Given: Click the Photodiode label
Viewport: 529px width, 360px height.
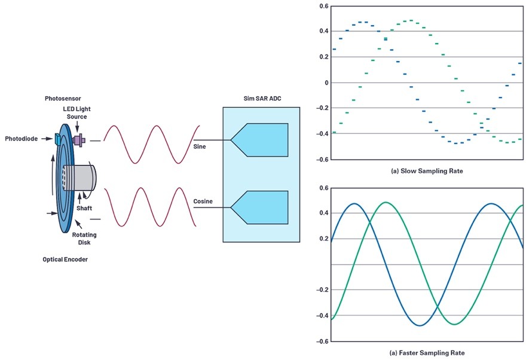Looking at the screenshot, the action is (22, 139).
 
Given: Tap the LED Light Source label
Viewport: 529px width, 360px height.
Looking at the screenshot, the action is (77, 112).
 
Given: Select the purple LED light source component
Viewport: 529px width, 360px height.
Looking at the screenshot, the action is (79, 140).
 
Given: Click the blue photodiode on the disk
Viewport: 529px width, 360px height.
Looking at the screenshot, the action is (57, 139).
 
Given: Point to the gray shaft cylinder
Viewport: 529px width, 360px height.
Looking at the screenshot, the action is (79, 178).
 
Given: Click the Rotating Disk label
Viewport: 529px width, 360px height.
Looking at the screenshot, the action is (84, 239).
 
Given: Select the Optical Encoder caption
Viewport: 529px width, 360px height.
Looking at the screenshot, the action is (65, 260).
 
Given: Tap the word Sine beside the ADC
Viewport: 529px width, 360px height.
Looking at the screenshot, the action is (200, 147).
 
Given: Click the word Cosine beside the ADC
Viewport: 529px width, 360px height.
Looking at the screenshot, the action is (203, 201).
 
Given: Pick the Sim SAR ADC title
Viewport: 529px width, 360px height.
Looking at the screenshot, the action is (262, 99).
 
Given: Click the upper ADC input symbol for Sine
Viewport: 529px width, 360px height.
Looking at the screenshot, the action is (259, 140).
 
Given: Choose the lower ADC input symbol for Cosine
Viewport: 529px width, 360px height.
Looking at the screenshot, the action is (259, 207).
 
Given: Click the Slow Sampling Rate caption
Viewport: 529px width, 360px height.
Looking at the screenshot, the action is (427, 171).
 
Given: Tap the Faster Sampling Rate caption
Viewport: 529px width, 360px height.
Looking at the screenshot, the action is (427, 353).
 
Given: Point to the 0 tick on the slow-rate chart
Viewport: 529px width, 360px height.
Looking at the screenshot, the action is (326, 83).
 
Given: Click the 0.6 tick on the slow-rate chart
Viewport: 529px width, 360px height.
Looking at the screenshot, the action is (324, 7).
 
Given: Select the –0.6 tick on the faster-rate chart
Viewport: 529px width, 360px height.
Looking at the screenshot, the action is (322, 341).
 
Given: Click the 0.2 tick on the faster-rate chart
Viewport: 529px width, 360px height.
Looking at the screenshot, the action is (324, 239).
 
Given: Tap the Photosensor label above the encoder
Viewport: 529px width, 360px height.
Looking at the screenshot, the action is (63, 99).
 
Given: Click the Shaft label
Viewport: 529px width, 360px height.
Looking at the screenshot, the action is (84, 208).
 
